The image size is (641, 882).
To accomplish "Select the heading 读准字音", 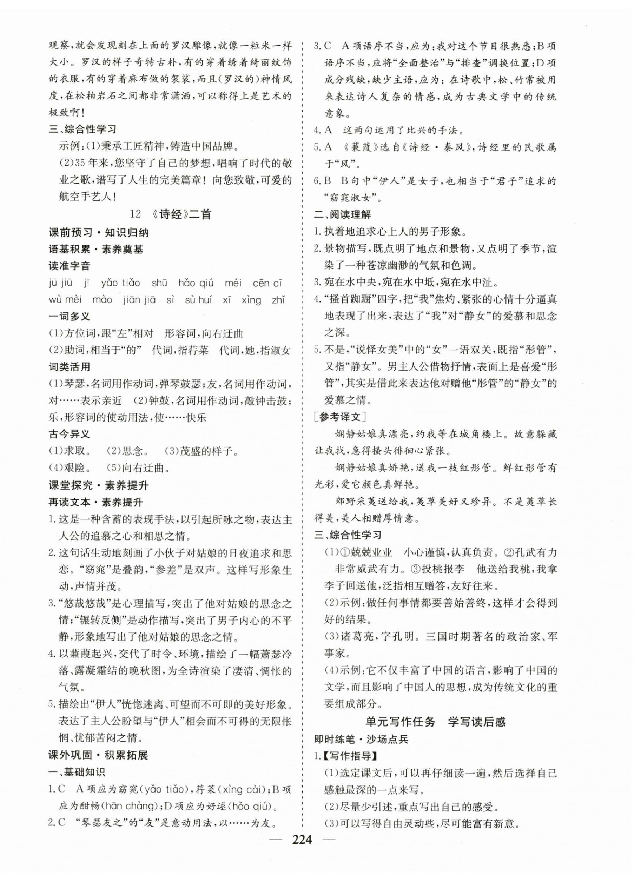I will tap(69, 266).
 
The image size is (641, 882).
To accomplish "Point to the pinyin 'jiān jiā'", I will tap(140, 299).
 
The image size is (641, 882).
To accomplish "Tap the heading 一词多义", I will tap(69, 316).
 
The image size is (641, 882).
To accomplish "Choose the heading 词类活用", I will tap(69, 366).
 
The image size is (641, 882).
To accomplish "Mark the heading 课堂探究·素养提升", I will tap(98, 486).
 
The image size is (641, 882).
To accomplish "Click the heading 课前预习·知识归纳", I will tap(98, 233).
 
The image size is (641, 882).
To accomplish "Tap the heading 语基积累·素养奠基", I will tap(96, 249).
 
